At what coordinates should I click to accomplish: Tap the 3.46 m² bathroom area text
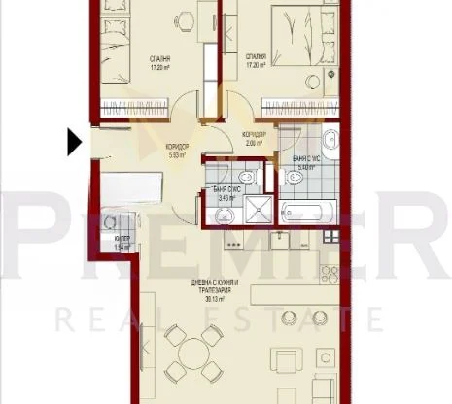(224, 198)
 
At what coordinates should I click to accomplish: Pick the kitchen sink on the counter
(281, 243)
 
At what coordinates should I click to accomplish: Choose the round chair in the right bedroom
(314, 84)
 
